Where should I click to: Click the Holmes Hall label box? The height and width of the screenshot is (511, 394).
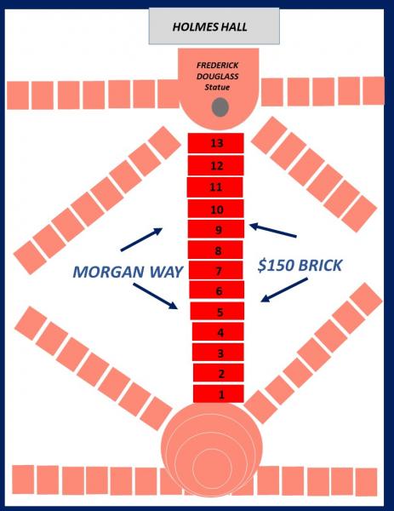click(x=214, y=26)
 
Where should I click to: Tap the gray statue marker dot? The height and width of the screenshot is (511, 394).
click(x=220, y=107)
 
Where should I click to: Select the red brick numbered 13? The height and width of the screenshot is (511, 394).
click(x=216, y=143)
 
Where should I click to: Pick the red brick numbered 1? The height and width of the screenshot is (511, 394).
click(x=219, y=394)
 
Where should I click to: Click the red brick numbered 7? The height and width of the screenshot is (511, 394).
click(x=216, y=271)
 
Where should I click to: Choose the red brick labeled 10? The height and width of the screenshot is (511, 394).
click(x=216, y=209)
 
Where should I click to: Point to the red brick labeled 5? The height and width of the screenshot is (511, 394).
click(x=217, y=311)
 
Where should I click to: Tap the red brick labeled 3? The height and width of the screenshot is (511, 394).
click(x=218, y=353)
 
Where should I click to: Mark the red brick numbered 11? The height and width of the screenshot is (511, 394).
click(x=215, y=187)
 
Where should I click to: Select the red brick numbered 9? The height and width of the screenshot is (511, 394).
click(x=216, y=229)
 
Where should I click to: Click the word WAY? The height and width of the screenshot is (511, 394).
click(x=165, y=272)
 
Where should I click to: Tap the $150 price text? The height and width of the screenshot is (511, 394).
click(x=276, y=265)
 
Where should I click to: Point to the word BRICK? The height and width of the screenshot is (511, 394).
click(x=321, y=265)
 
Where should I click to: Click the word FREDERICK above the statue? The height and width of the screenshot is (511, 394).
click(x=218, y=66)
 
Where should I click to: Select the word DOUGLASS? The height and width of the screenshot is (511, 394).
click(x=218, y=77)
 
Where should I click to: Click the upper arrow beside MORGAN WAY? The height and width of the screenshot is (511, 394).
click(x=141, y=239)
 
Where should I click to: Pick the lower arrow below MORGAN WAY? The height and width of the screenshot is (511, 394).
click(x=156, y=296)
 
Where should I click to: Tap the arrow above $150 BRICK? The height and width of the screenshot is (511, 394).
click(x=273, y=230)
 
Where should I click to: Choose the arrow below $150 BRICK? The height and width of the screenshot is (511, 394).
click(x=284, y=290)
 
